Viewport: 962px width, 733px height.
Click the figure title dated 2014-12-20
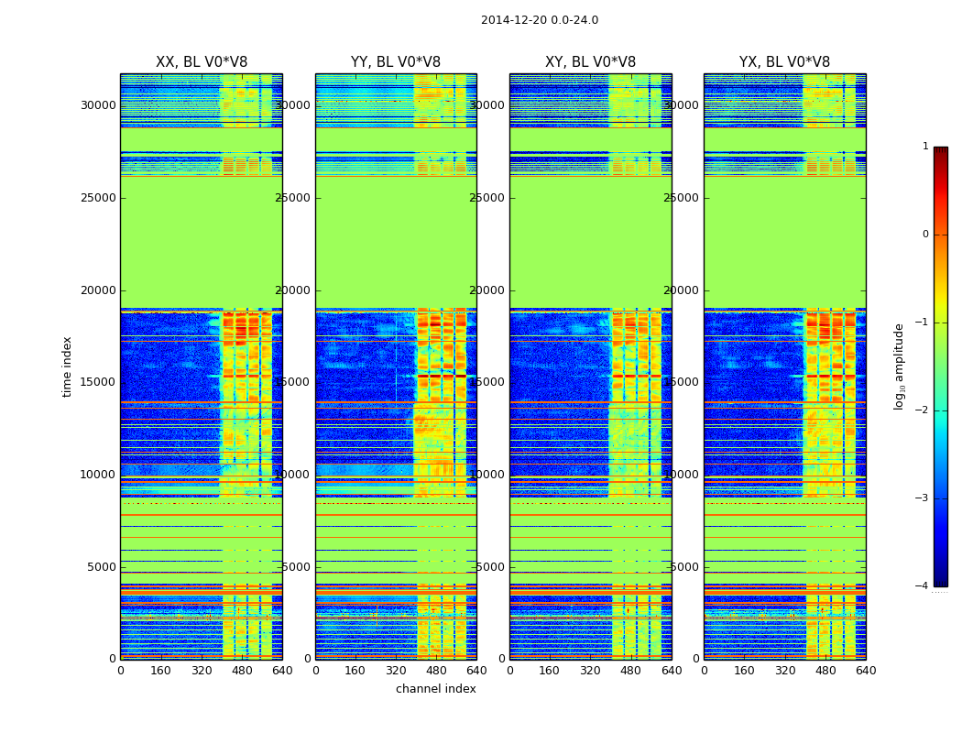point(539,20)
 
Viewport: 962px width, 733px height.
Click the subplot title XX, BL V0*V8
point(202,62)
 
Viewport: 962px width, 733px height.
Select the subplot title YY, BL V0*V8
point(396,62)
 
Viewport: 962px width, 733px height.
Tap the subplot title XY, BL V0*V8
point(590,62)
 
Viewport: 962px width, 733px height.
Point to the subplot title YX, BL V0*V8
point(784,62)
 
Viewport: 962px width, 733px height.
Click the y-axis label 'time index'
point(68,366)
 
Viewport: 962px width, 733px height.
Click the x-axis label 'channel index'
point(436,689)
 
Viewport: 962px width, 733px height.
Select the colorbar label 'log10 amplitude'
point(900,366)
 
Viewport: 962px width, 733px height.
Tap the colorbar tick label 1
point(925,147)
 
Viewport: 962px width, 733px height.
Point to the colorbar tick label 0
point(925,235)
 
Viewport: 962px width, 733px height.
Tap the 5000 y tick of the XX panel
point(101,567)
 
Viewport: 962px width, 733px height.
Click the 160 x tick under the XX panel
point(160,671)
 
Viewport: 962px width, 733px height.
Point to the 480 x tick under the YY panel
point(436,671)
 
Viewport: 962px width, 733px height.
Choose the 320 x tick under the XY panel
point(590,671)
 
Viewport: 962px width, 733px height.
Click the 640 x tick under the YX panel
point(865,671)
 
